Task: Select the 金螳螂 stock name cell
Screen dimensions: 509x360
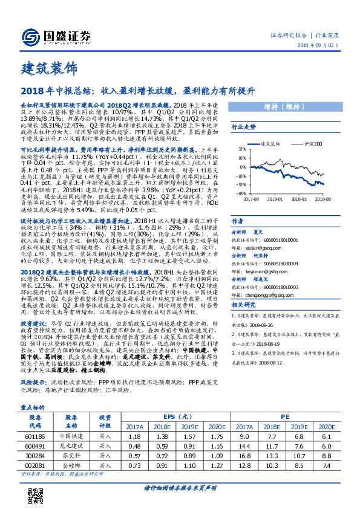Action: pos(72,466)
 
